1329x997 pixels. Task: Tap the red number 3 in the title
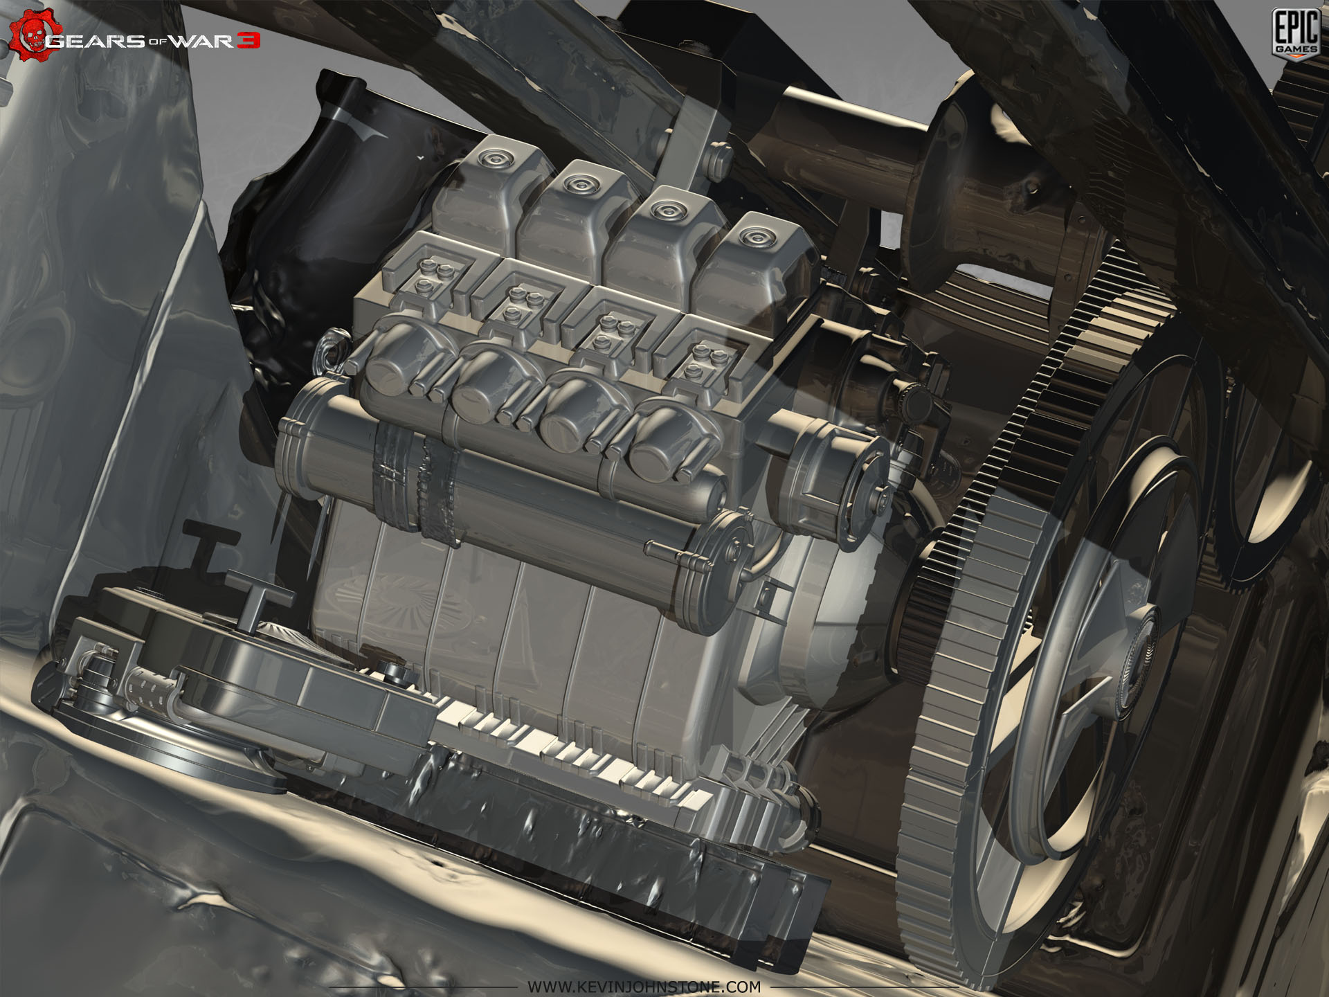click(x=248, y=41)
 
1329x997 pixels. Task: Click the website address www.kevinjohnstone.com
click(x=644, y=986)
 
